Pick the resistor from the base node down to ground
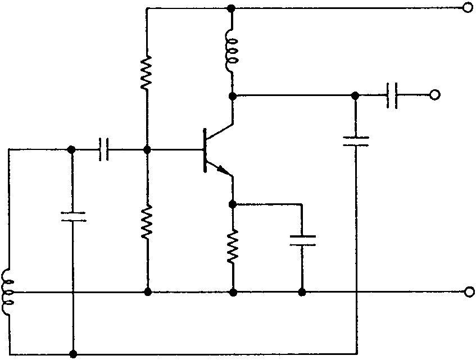point(147,222)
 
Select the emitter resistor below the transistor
point(233,246)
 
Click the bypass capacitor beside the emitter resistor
point(302,240)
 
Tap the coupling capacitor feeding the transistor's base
point(103,150)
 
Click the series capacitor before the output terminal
point(393,95)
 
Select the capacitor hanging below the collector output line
point(355,140)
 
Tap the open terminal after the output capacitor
point(434,95)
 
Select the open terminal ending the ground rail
point(470,292)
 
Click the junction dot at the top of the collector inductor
point(232,8)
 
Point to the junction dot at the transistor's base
point(147,150)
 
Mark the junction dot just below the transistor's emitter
point(233,203)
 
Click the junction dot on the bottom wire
point(73,354)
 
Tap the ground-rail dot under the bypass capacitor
point(302,292)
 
